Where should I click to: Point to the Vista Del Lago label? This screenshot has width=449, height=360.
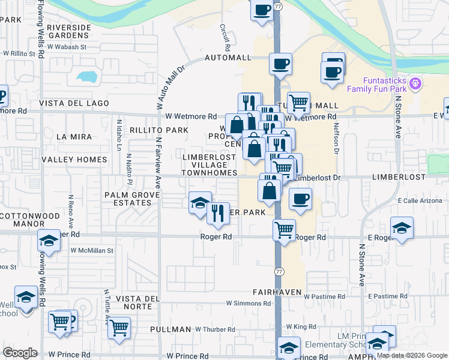(74, 103)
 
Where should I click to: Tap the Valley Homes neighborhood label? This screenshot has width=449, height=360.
(74, 160)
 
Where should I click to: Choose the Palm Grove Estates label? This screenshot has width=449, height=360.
(128, 199)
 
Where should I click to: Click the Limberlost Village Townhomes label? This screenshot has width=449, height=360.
(209, 164)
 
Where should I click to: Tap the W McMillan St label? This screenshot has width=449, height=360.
(92, 250)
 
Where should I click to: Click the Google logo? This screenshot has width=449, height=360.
(20, 352)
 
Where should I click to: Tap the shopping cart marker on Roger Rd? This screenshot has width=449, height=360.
(284, 229)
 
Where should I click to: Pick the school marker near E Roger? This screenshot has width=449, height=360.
(402, 228)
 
